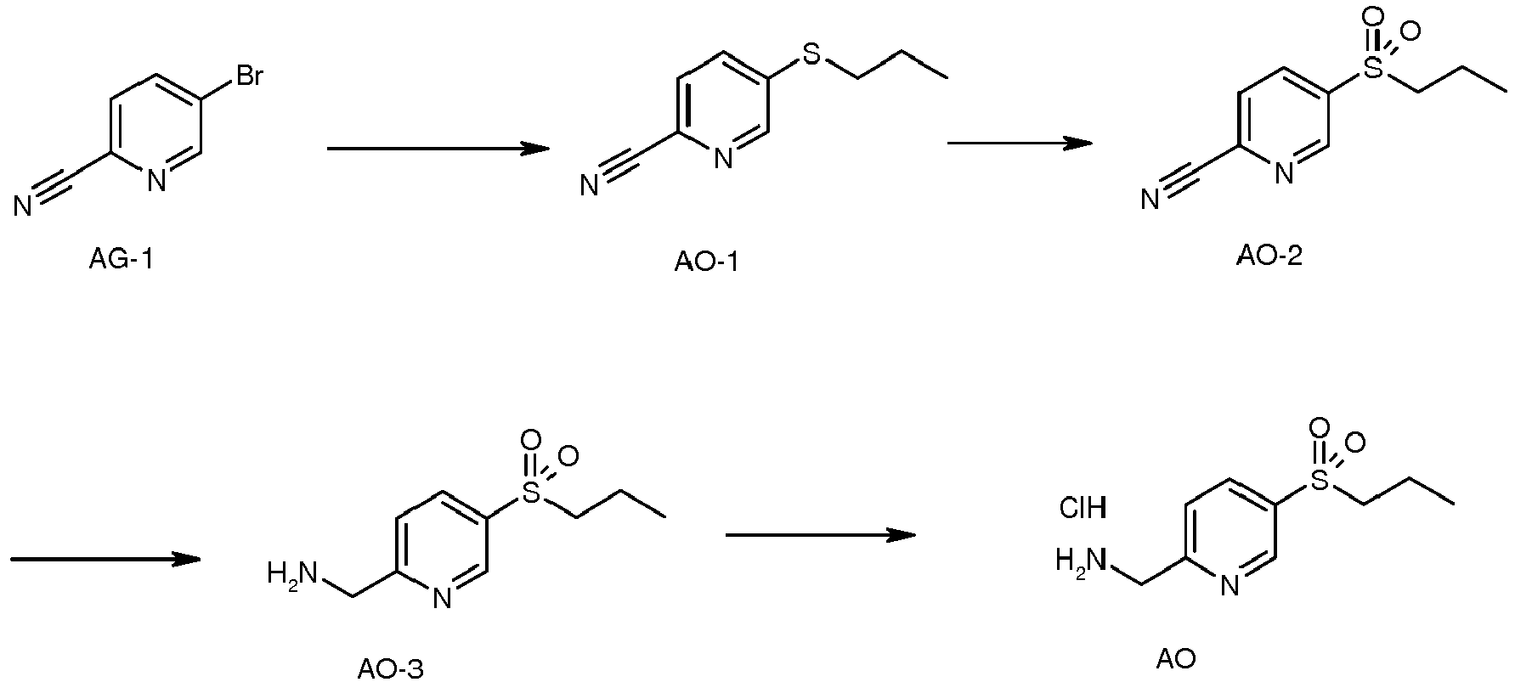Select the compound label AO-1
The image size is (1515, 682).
(706, 262)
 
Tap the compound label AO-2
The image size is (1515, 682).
(1269, 256)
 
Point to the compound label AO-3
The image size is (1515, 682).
(389, 669)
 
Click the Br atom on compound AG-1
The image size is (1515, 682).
(248, 76)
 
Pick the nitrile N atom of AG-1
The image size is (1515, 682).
(23, 205)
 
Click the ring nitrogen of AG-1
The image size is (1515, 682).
(156, 180)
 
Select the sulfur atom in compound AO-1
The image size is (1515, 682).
(812, 55)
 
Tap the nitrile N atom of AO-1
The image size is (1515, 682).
(589, 185)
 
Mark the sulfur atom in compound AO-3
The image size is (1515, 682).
(532, 493)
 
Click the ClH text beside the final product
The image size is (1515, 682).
(1083, 509)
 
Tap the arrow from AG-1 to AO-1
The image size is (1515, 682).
(438, 149)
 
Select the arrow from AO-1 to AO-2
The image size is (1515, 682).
(1020, 144)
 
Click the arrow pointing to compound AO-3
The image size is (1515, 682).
(105, 559)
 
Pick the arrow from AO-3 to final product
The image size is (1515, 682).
(821, 535)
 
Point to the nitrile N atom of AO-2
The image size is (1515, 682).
(1150, 200)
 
